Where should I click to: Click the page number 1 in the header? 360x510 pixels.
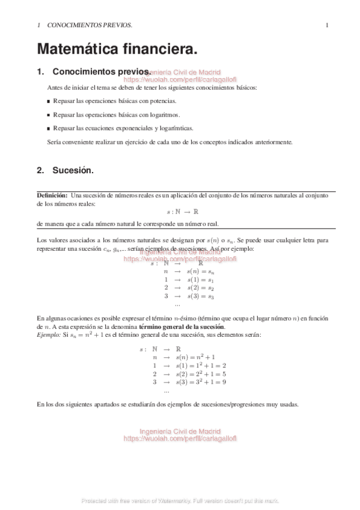coord(326,25)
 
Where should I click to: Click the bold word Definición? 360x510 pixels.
coord(52,195)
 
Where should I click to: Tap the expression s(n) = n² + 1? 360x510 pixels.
coord(195,357)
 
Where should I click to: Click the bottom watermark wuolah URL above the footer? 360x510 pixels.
coord(180,439)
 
